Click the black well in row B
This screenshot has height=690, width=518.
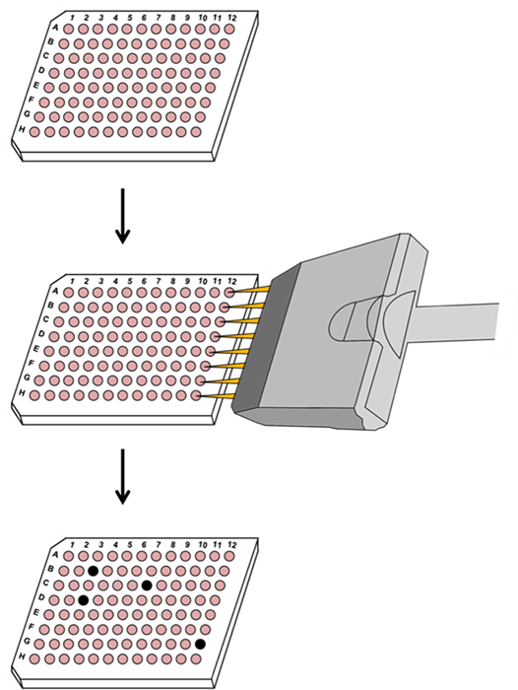pos(93,571)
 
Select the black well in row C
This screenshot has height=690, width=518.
pos(147,586)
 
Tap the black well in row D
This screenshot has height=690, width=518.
pos(83,599)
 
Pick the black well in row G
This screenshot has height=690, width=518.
pos(200,645)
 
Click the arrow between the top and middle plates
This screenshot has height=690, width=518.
pos(122,216)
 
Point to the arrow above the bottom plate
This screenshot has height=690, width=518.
pos(122,476)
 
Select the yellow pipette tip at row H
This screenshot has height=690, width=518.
pos(218,397)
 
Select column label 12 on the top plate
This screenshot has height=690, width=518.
pos(231,18)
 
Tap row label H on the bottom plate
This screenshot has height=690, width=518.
pos(22,656)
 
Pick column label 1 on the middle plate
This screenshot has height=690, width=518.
pos(72,281)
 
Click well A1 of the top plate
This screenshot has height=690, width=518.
pos(68,29)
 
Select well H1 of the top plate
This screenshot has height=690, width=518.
pos(34,131)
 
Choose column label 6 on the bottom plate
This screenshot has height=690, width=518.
pos(144,545)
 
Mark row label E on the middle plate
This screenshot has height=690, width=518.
pos(36,349)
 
